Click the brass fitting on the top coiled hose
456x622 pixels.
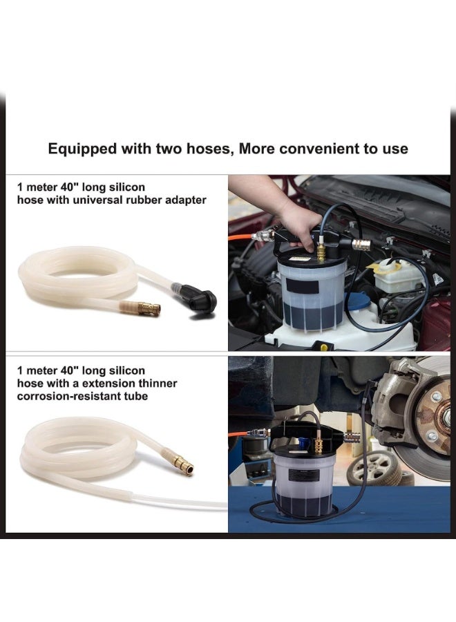pyautogui.click(x=147, y=308)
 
